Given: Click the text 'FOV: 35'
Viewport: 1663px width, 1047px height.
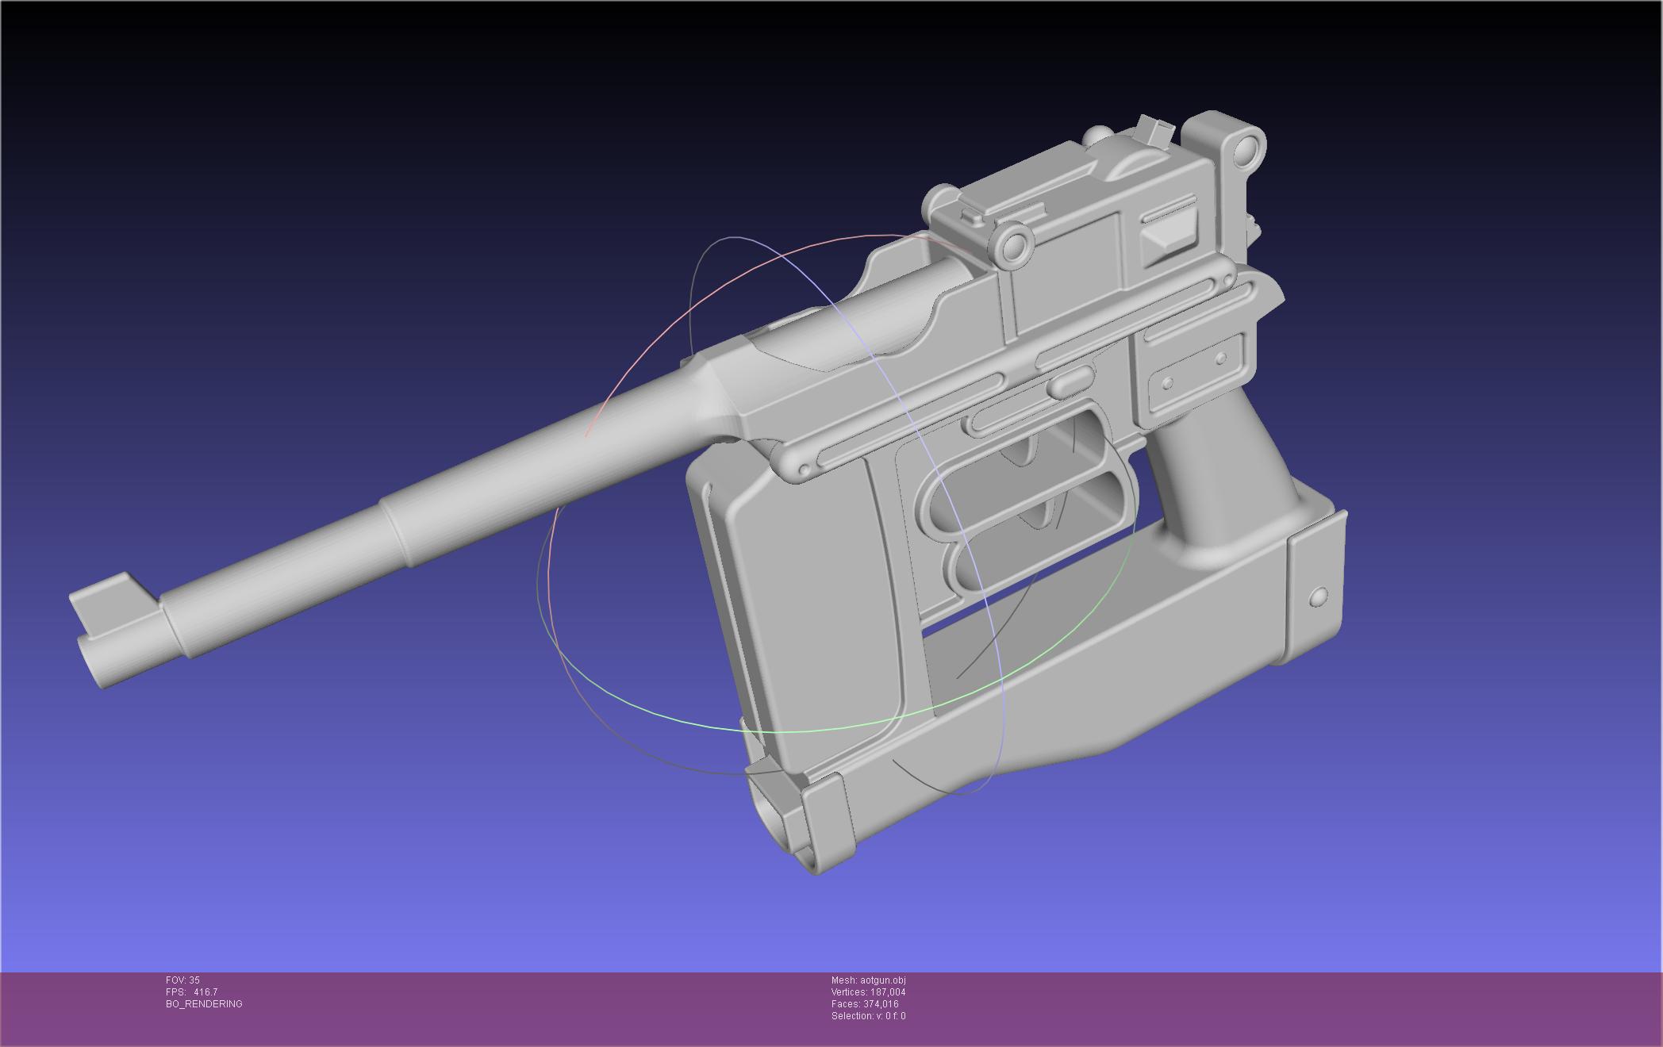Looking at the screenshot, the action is click(x=182, y=980).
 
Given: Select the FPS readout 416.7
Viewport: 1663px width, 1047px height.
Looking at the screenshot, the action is click(x=205, y=992).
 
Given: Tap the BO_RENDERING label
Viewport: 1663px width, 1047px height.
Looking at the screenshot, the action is click(x=204, y=1004).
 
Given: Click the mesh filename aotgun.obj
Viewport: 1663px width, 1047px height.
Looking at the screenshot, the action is click(x=883, y=980).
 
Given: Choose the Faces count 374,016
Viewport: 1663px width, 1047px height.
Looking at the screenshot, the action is click(x=881, y=1004).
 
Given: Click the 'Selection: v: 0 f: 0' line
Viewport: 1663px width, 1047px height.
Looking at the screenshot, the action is click(x=868, y=1016).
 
